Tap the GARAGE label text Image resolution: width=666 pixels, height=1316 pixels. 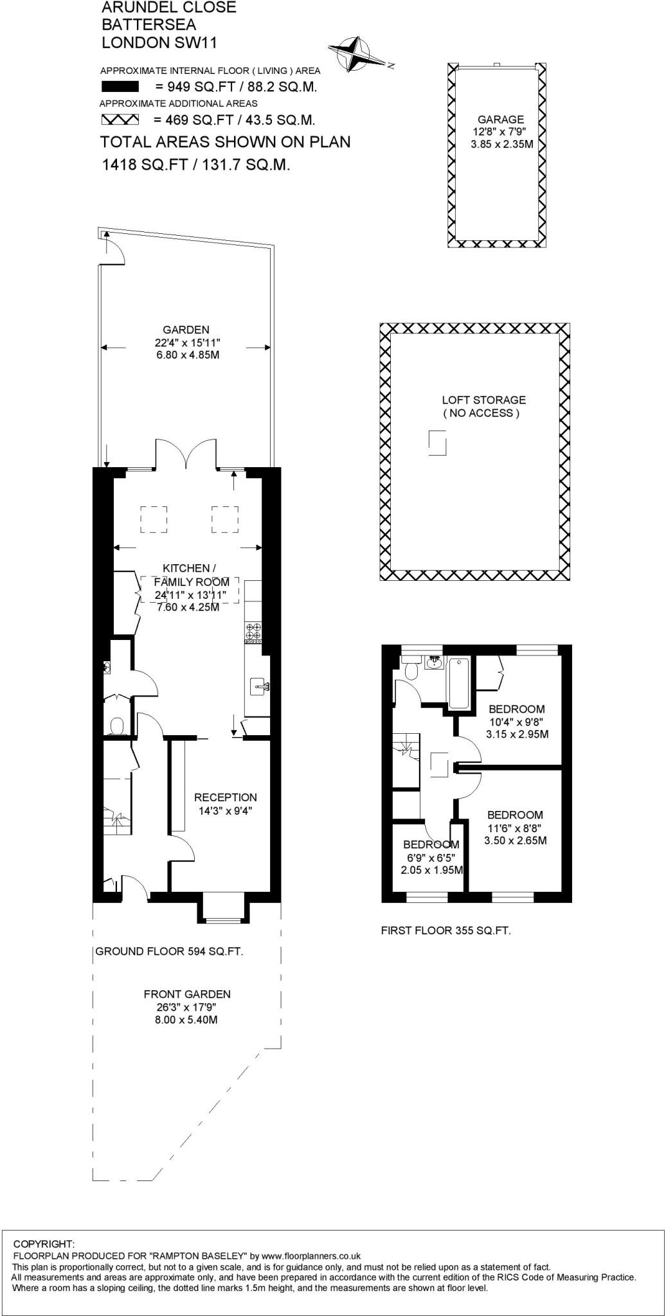500,120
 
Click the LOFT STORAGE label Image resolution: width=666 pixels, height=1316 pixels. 483,400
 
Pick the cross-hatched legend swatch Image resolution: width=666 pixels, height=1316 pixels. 120,120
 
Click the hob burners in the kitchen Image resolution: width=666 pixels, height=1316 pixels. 253,632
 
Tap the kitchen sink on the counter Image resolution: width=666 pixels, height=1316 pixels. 259,687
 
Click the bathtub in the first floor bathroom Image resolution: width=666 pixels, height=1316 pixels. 459,682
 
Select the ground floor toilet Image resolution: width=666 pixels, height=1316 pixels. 116,725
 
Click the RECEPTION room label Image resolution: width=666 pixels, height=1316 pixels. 225,797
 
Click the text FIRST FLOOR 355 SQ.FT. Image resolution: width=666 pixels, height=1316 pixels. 446,930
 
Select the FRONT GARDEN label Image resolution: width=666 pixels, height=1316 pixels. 186,994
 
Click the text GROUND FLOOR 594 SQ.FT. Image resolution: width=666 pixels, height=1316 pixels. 169,952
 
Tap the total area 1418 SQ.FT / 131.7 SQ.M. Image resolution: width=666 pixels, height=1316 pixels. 195,164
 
